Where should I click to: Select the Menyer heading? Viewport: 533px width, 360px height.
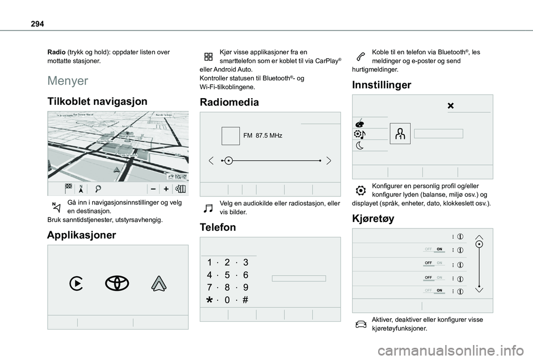67,81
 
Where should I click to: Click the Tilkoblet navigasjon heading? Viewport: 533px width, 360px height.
97,101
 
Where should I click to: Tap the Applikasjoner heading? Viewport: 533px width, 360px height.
82,235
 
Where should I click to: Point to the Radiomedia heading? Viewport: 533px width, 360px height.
229,102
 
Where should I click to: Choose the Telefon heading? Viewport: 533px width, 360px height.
217,227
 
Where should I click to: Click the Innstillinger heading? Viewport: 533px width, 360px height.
381,85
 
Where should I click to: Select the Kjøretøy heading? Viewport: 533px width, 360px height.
373,218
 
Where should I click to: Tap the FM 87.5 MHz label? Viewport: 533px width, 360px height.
263,136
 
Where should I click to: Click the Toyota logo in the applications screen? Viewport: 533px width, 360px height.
117,283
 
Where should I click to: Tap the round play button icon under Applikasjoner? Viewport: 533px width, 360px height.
77,283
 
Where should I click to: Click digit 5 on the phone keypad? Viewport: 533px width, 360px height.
228,275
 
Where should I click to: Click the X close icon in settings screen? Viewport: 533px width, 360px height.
450,106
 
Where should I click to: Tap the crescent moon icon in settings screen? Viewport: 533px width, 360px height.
360,146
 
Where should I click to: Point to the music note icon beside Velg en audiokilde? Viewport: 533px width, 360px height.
209,207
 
